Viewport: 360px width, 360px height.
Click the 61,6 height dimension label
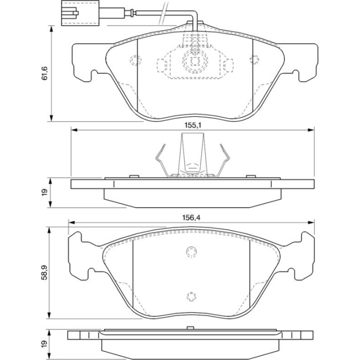44,73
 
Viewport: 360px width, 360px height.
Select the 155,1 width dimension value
193,125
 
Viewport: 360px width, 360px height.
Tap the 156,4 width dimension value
191,218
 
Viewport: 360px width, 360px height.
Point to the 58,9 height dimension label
44,272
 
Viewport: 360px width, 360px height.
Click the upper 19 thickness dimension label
44,192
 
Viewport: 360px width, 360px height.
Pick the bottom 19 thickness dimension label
44,343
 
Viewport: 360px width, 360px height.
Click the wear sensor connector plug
80,13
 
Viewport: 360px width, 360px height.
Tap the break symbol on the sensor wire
163,13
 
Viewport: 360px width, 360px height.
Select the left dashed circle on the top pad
135,60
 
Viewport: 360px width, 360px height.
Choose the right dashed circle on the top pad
255,60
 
